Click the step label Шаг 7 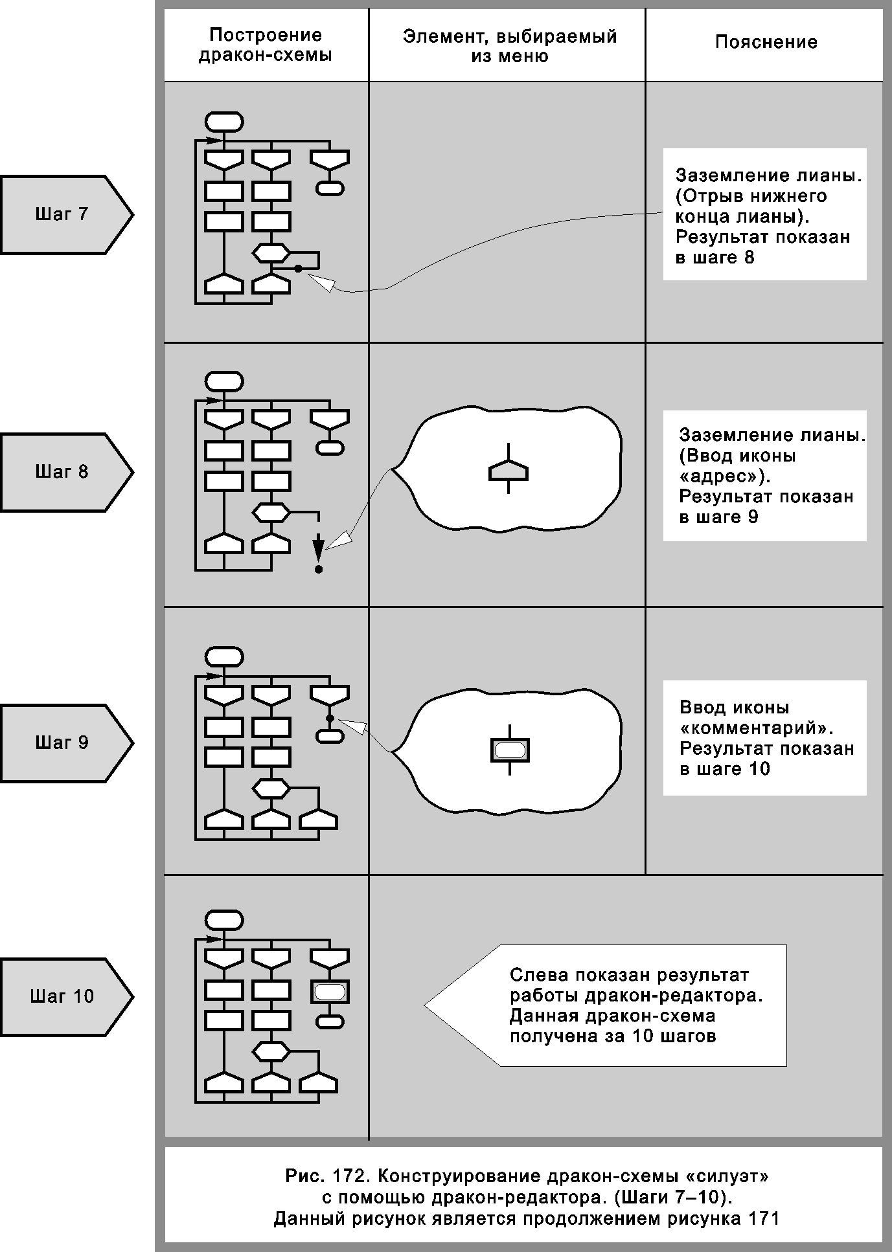click(62, 214)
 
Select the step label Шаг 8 click(62, 472)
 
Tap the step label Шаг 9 click(62, 743)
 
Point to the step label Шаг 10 click(62, 996)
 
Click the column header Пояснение click(766, 43)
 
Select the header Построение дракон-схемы click(266, 45)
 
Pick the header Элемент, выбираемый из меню click(509, 46)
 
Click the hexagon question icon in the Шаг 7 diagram click(271, 252)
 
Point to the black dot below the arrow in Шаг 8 click(318, 569)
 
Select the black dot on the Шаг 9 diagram click(330, 719)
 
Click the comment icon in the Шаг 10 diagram click(330, 992)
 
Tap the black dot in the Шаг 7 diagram click(298, 268)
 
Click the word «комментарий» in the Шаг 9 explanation click(755, 728)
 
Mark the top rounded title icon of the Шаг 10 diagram click(224, 920)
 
